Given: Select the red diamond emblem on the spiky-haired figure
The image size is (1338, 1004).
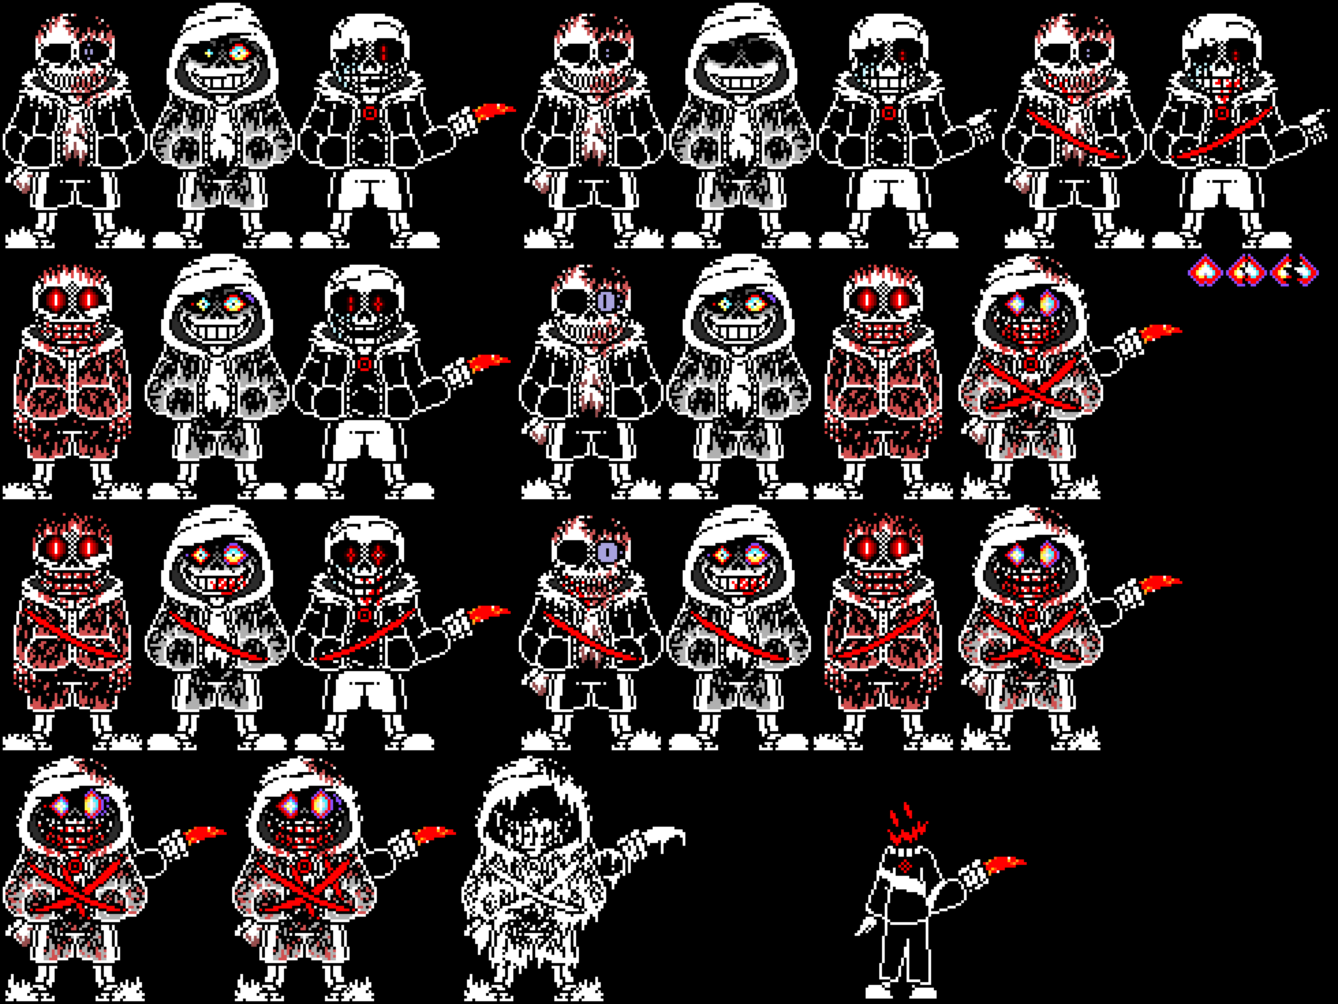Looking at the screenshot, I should tap(905, 866).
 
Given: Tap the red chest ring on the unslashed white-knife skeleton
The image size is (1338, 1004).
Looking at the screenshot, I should tap(888, 113).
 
